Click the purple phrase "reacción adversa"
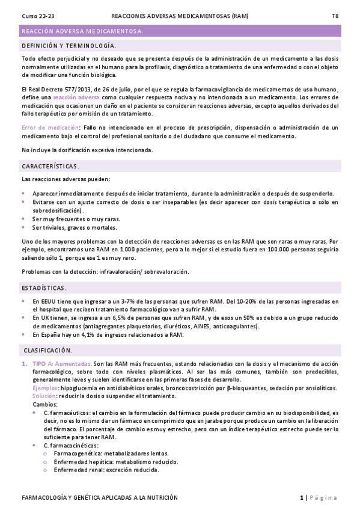76,97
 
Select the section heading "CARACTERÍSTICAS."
50,165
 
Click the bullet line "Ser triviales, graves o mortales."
75,227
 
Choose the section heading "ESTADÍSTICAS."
44,287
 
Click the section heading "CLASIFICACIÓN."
48,350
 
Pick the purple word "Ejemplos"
44,389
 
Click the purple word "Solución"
43,398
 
